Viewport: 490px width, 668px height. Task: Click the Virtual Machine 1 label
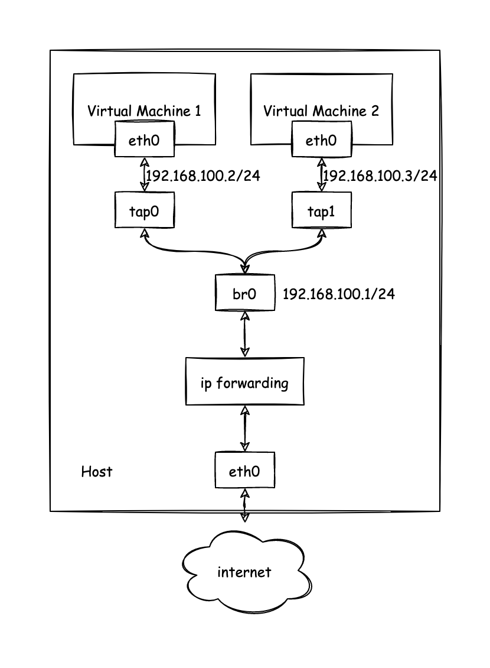pyautogui.click(x=144, y=111)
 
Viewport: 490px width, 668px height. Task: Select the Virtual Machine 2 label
pyautogui.click(x=321, y=111)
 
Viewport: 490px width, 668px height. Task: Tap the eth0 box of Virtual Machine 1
pyautogui.click(x=145, y=140)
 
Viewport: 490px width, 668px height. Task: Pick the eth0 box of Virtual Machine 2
pyautogui.click(x=321, y=140)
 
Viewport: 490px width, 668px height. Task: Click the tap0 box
pyautogui.click(x=145, y=211)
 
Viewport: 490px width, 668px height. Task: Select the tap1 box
pyautogui.click(x=321, y=211)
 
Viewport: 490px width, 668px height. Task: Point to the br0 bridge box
pyautogui.click(x=244, y=293)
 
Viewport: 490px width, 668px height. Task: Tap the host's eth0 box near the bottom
pyautogui.click(x=244, y=471)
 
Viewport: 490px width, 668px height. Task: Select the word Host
pyautogui.click(x=96, y=472)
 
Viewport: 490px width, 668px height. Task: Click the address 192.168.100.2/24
pyautogui.click(x=202, y=176)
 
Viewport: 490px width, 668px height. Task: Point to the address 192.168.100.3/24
pyautogui.click(x=380, y=176)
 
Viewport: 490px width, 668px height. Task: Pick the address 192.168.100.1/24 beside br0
pyautogui.click(x=339, y=294)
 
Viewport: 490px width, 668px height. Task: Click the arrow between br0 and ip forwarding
pyautogui.click(x=244, y=334)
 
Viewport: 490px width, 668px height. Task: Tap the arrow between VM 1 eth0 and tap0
pyautogui.click(x=143, y=174)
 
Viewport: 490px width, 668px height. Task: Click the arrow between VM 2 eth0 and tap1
pyautogui.click(x=321, y=174)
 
